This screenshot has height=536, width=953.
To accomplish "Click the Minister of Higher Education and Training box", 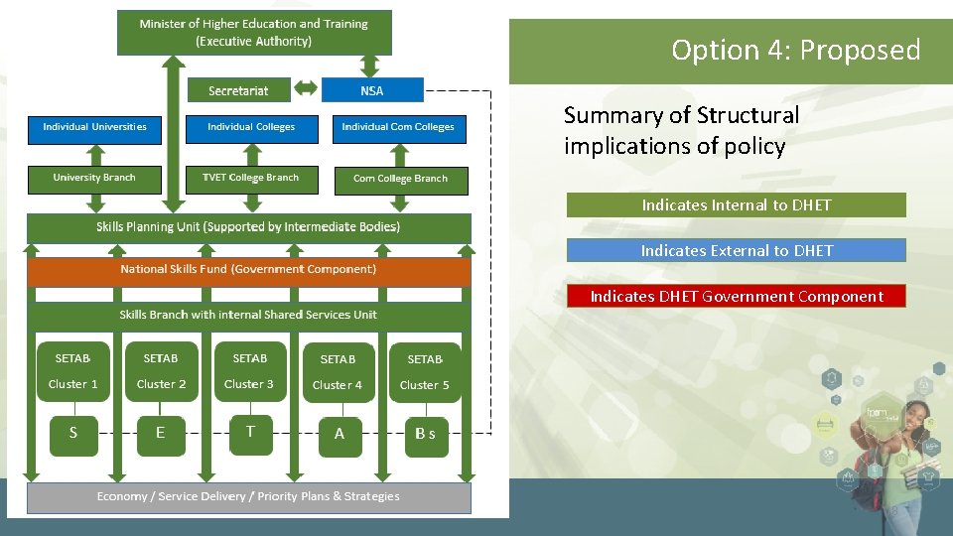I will click(254, 32).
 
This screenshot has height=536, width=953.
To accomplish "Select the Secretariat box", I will click(239, 90).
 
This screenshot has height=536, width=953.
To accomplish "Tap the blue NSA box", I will click(372, 90).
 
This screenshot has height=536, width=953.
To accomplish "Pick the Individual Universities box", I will click(94, 128).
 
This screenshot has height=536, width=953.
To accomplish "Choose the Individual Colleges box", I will click(251, 128).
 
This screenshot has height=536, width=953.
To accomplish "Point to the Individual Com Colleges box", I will click(398, 128).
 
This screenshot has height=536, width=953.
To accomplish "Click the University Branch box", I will click(94, 179).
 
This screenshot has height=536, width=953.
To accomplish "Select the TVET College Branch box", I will click(251, 179).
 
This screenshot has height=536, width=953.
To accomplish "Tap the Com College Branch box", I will click(400, 180).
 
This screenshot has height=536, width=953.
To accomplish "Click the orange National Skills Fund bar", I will click(248, 270).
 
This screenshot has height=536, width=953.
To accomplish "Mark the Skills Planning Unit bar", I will click(248, 227).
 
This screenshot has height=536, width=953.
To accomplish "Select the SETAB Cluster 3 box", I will click(249, 371).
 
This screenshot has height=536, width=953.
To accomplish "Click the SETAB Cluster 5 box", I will click(425, 372).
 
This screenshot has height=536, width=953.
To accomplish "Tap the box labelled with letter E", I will click(161, 434).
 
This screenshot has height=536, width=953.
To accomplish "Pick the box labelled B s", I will click(425, 435).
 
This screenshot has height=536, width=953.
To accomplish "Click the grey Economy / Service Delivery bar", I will click(248, 496).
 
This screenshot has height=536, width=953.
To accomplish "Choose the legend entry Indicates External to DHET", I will click(736, 250).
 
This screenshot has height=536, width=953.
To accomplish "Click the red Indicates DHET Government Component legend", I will click(736, 296).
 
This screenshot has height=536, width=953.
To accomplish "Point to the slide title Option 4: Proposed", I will click(795, 50).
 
